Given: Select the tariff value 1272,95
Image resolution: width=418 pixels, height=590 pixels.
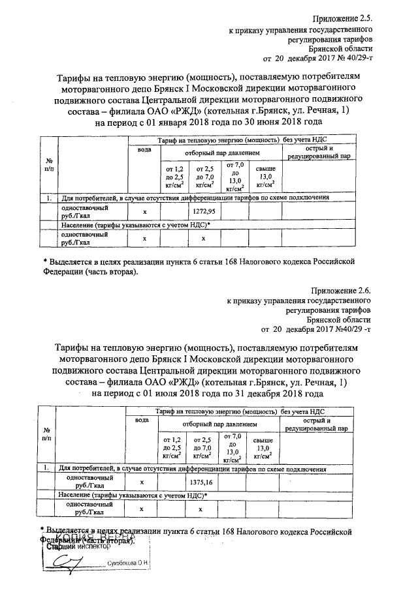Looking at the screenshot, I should (205, 212).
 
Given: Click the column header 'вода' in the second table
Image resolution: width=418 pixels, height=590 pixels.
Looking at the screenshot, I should (142, 420).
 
